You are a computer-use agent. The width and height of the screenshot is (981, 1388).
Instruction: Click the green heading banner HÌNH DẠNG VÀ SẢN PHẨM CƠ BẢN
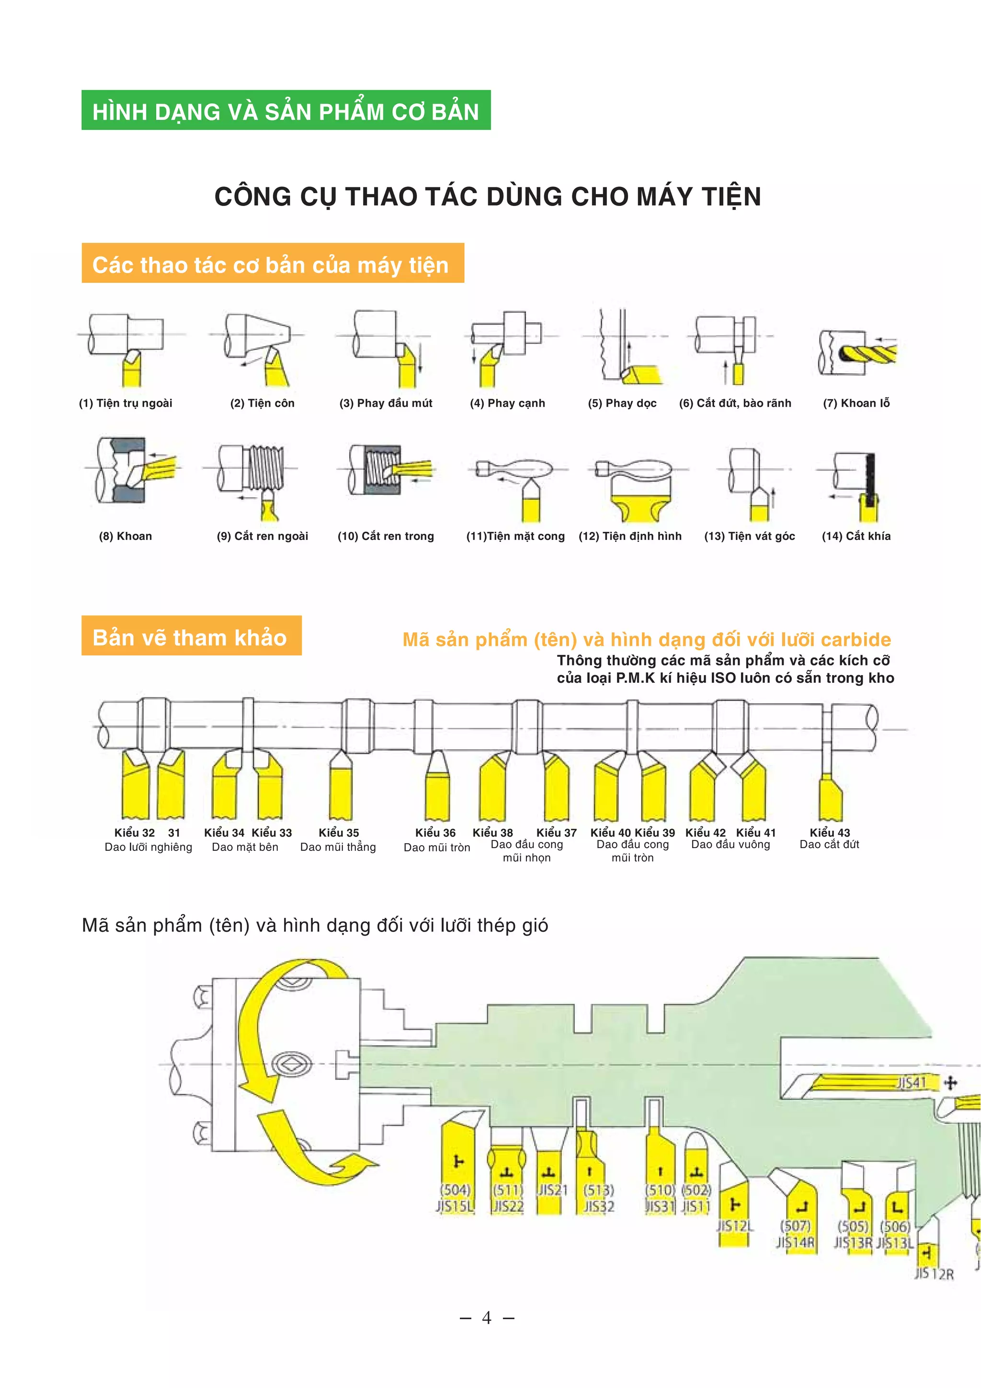pos(285,111)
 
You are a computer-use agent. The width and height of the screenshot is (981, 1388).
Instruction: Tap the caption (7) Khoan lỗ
pos(856,403)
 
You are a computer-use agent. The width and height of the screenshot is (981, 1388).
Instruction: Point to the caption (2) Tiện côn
pos(262,403)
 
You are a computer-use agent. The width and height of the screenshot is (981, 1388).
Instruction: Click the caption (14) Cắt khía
pos(856,536)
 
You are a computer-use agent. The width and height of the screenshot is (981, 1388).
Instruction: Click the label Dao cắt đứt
pos(829,845)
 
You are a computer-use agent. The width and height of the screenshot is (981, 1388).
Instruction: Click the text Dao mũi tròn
pos(436,848)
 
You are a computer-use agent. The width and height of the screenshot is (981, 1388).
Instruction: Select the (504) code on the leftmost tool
pos(455,1190)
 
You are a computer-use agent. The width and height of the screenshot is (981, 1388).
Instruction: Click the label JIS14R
pos(796,1242)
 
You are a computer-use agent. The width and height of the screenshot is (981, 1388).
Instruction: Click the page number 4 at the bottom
pos(487,1318)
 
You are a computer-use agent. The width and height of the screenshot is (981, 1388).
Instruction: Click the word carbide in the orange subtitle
pos(856,640)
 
